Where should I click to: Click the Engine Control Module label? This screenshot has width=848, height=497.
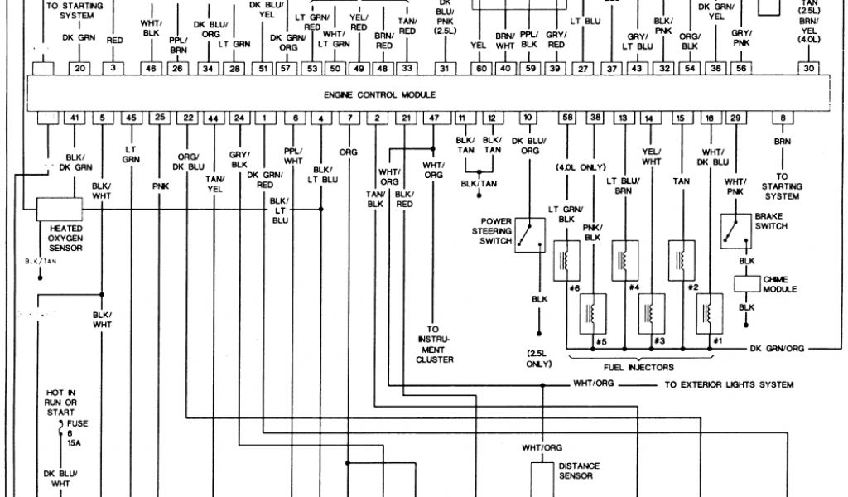pyautogui.click(x=379, y=95)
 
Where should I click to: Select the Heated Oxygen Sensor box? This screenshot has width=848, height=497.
pyautogui.click(x=59, y=209)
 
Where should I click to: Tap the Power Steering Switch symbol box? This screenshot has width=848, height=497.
pyautogui.click(x=529, y=235)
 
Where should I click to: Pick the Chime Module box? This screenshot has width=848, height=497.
pyautogui.click(x=747, y=282)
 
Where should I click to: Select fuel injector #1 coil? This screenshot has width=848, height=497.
pyautogui.click(x=709, y=315)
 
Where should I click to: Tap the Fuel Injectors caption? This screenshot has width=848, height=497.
pyautogui.click(x=639, y=366)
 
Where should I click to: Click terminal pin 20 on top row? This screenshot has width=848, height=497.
pyautogui.click(x=79, y=69)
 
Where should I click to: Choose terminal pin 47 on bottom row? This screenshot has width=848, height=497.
pyautogui.click(x=433, y=118)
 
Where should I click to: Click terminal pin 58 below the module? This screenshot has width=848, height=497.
pyautogui.click(x=567, y=118)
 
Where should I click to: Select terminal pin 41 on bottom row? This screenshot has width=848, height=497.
pyautogui.click(x=75, y=118)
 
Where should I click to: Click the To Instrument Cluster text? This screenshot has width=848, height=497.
pyautogui.click(x=434, y=344)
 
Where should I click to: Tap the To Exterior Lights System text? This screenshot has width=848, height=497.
pyautogui.click(x=729, y=385)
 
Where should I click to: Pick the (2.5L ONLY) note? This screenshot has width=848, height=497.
pyautogui.click(x=538, y=358)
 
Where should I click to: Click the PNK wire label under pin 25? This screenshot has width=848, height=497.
pyautogui.click(x=160, y=187)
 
